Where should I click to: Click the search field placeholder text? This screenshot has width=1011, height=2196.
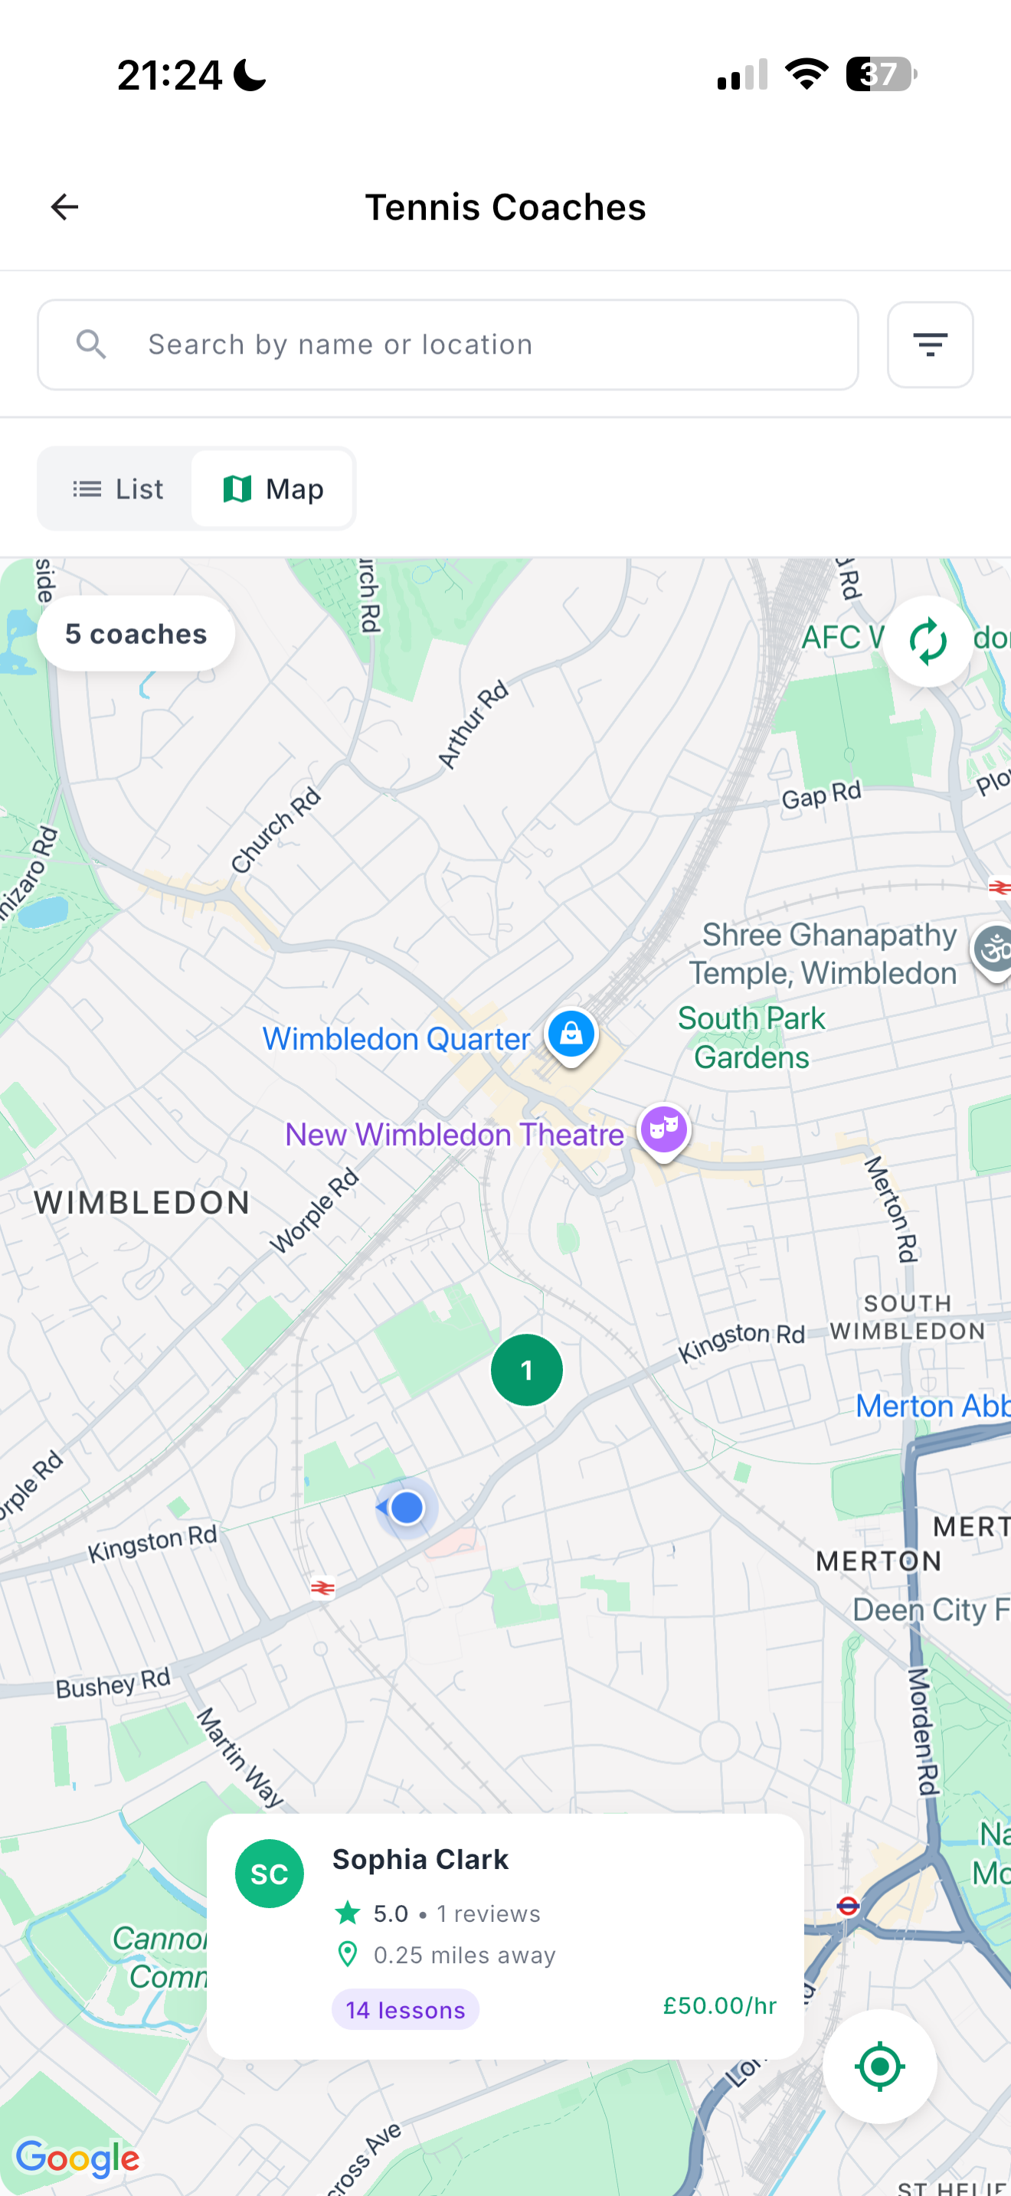[340, 345]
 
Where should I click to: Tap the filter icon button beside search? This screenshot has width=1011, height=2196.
[929, 345]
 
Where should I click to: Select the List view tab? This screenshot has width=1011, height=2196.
[118, 489]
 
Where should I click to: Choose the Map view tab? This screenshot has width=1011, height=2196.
[273, 489]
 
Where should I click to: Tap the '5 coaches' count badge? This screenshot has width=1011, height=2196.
[136, 634]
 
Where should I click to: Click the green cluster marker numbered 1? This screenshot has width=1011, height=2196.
[526, 1370]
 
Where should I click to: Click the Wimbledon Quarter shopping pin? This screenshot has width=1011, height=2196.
[571, 1034]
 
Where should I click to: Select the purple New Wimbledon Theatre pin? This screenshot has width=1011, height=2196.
[664, 1129]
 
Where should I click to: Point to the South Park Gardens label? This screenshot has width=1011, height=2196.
[751, 1038]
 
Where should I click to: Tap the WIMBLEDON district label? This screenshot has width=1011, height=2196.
[142, 1203]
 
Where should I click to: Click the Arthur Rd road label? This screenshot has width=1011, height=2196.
[473, 725]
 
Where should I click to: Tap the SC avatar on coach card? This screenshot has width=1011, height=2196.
[270, 1874]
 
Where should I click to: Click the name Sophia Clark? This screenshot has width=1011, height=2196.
[420, 1859]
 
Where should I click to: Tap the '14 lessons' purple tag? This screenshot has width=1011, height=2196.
[405, 2010]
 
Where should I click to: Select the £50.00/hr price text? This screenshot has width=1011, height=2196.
[719, 2006]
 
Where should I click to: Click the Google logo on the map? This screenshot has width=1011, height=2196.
[77, 2158]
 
